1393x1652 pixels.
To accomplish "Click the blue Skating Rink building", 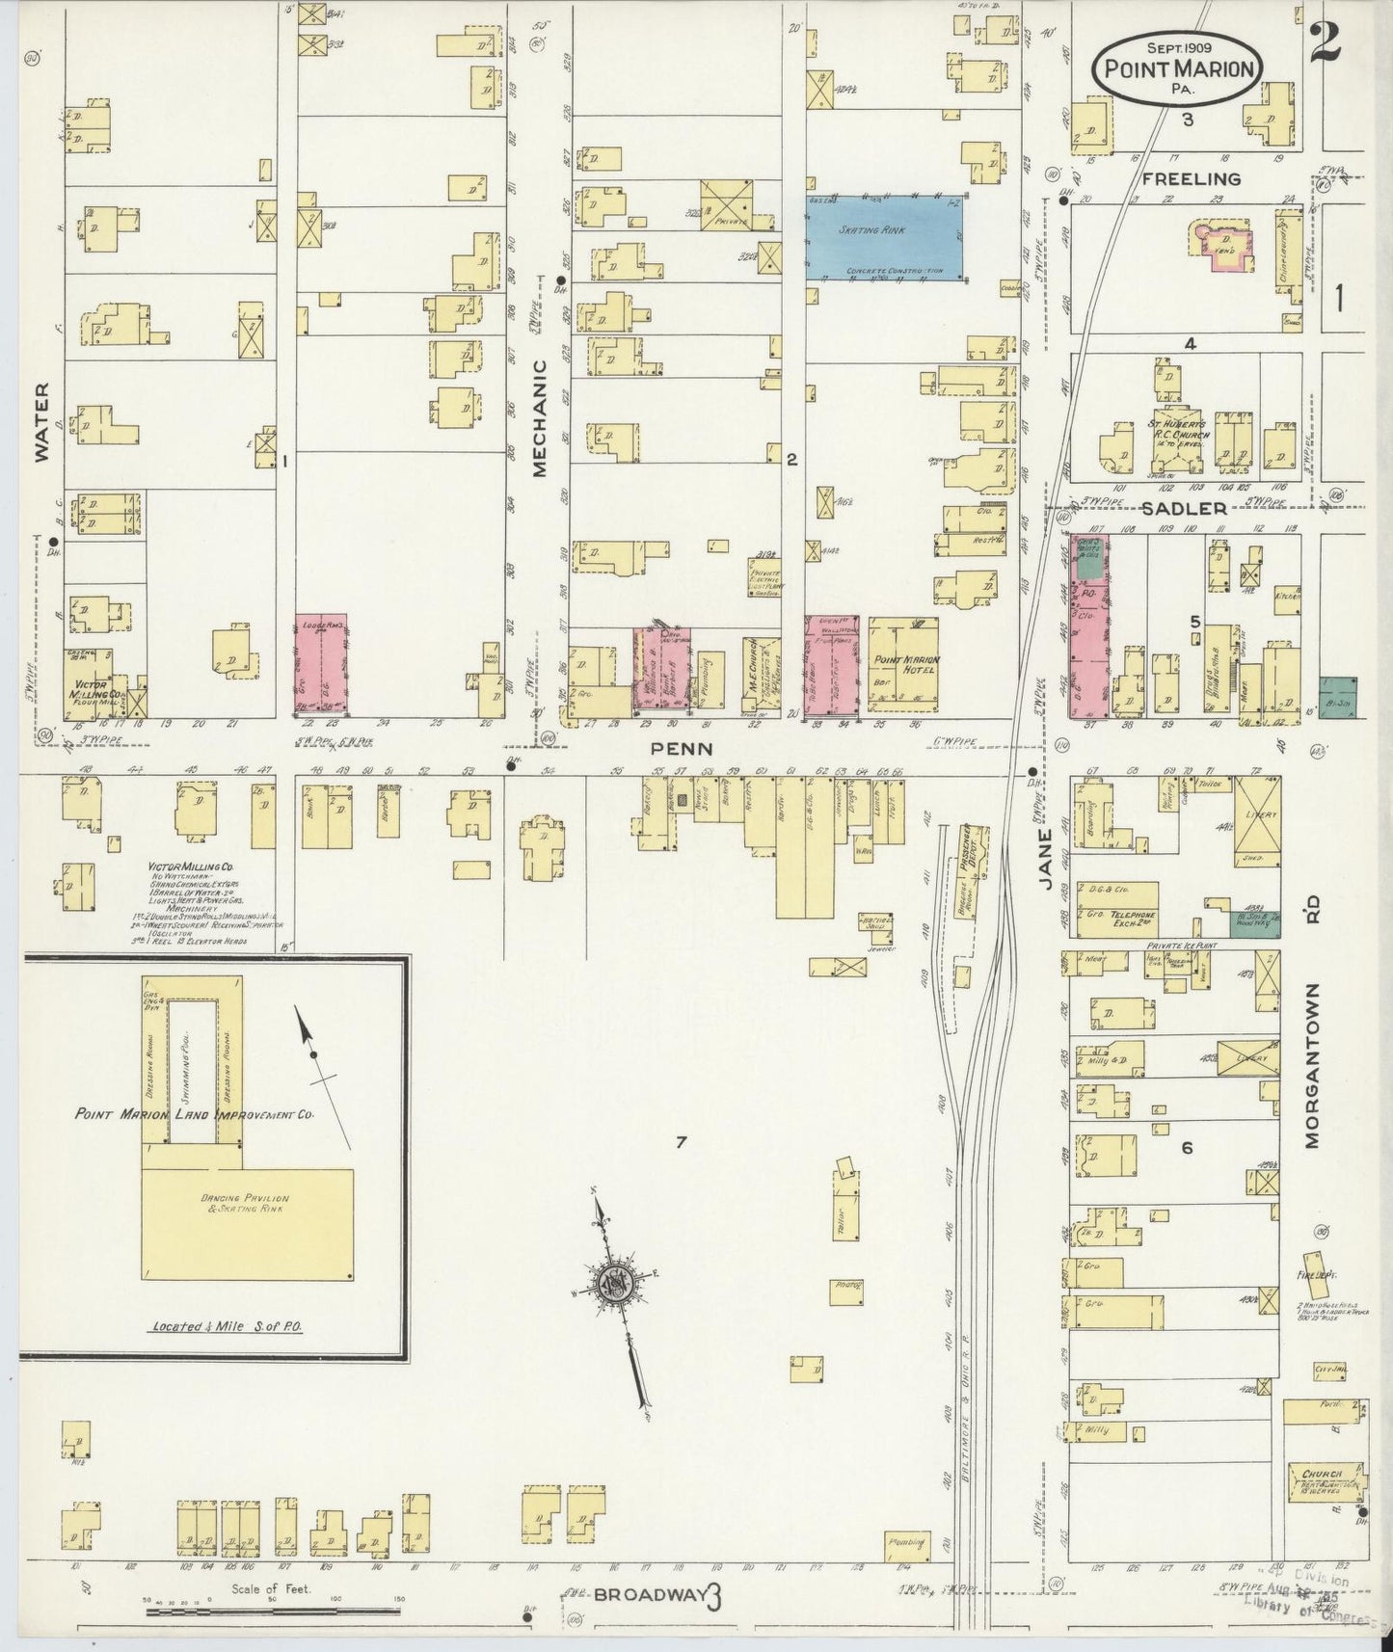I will [x=885, y=238].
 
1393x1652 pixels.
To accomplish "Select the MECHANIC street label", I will [x=539, y=418].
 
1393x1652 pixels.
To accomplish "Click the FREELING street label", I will [x=1191, y=178].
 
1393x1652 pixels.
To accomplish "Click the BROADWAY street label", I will [x=649, y=1595].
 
